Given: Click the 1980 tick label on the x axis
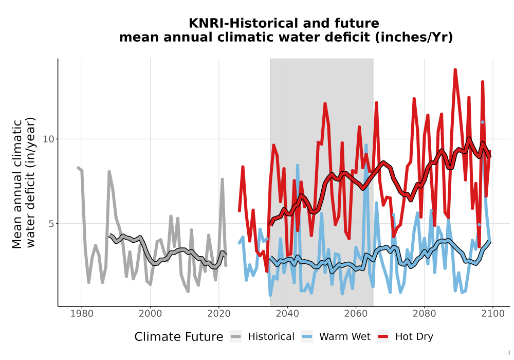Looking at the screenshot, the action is click(82, 314).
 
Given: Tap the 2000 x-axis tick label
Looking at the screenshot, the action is click(151, 314).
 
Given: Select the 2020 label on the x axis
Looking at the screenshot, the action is click(219, 314).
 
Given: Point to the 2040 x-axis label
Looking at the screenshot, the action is click(287, 314).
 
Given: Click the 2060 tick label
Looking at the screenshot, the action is click(356, 314).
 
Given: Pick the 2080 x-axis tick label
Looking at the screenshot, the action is click(424, 314).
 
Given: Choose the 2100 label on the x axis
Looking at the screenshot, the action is click(493, 314).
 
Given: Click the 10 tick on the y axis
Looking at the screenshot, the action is click(48, 139).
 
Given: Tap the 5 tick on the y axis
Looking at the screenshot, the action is click(51, 224).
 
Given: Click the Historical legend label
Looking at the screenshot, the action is click(271, 337).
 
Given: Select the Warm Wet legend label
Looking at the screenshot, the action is click(345, 337).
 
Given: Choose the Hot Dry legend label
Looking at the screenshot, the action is click(414, 337).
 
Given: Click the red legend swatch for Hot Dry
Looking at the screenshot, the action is click(383, 337).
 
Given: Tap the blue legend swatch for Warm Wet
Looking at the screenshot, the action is click(307, 337).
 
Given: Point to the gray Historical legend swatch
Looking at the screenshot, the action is click(236, 337).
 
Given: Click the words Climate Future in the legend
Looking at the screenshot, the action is click(179, 337).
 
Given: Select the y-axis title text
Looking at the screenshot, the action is click(24, 183).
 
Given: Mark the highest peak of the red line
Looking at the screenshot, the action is click(455, 70).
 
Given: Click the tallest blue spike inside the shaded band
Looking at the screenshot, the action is click(366, 145).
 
